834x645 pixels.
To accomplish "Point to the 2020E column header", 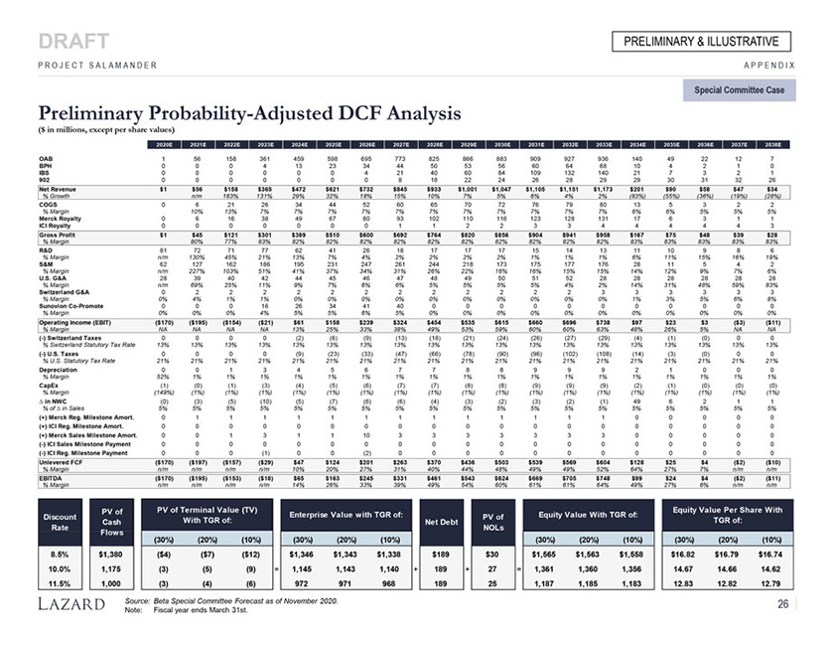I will tap(165, 144).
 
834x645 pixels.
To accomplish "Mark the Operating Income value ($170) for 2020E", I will tap(163, 322).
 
